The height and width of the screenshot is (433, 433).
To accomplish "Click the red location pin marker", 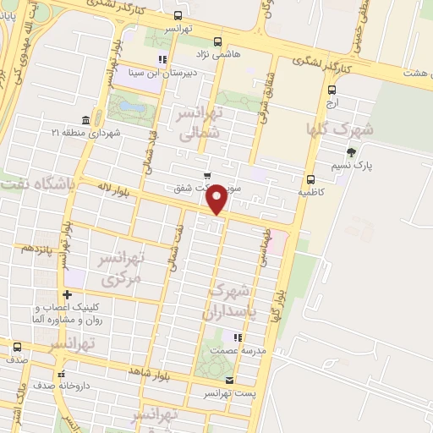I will [216, 198].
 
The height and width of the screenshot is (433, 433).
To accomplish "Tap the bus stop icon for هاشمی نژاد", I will [218, 41].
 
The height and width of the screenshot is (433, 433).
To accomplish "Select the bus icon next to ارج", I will [332, 90].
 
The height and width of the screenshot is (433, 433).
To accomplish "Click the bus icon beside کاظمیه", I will [311, 178].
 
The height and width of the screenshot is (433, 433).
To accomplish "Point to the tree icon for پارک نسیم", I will [351, 152].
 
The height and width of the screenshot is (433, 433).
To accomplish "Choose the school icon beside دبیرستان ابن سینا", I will [162, 59].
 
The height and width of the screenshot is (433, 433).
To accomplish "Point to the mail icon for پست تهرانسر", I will [230, 381].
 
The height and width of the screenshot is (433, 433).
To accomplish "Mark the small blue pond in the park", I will [127, 107].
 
